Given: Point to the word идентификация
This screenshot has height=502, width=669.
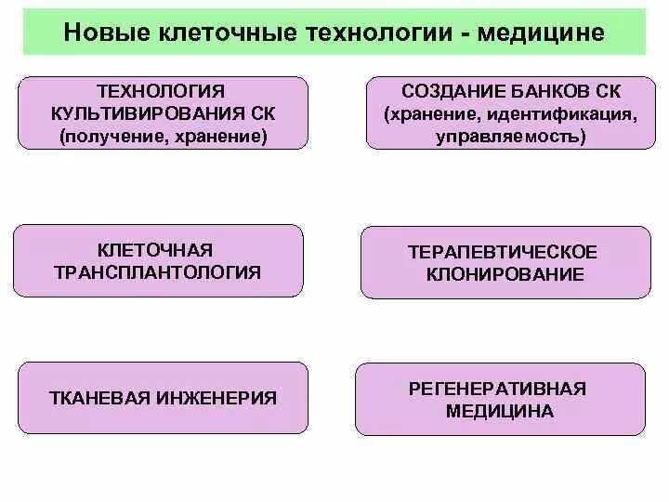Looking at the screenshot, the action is tap(560, 114).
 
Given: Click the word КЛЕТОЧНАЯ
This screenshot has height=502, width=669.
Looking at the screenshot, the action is tap(154, 250).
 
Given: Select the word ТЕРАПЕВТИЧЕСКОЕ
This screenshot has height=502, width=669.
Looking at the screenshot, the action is tap(502, 252).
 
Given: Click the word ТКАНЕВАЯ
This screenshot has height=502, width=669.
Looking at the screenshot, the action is tap(94, 398).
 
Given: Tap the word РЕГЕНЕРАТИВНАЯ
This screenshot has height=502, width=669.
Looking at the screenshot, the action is tap(499, 388).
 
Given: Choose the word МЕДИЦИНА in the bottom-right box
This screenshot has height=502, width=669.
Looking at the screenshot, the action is tap(499, 411).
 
